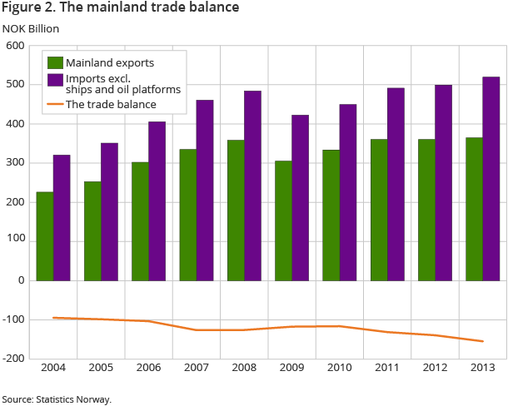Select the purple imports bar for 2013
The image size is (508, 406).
coord(491,179)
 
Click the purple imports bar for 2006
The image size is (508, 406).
coord(157,201)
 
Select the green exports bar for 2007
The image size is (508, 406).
coord(187,215)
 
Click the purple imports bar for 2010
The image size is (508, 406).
coord(347,192)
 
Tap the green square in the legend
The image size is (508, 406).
coord(55,63)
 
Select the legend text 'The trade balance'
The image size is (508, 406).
coord(111,105)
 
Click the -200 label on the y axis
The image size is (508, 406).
coord(14,359)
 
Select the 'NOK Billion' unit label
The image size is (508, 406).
coord(31,28)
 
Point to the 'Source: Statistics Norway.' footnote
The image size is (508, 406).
coord(57,399)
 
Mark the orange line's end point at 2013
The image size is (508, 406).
coord(482,341)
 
